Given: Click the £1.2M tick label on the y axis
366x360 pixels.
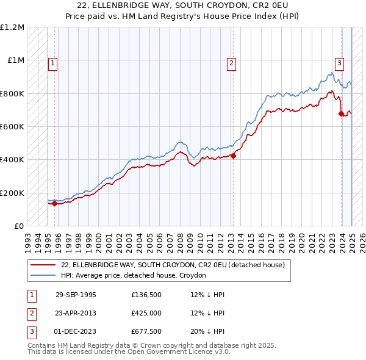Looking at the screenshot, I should pos(12,27).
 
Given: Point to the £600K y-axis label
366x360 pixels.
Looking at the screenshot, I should pos(12,127).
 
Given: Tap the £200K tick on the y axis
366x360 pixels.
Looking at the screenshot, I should pos(12,193).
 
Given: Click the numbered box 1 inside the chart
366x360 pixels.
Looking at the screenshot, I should pos(53,62).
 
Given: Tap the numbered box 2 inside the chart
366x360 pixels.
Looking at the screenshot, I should pos(232,62).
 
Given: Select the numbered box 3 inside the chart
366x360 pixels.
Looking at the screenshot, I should pos(339,62).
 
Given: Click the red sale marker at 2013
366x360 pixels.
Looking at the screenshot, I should pos(233,156).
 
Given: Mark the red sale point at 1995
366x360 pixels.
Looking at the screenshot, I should pos(54,204).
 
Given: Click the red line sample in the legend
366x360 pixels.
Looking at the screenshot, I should pos(43,265).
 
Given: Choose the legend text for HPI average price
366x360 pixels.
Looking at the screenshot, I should pos(133,275).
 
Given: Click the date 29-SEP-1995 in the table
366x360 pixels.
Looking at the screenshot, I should pos(76,295).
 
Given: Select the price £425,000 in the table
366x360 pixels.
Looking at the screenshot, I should pos(146,313).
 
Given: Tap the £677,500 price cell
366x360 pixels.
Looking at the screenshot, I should pos(146,331).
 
